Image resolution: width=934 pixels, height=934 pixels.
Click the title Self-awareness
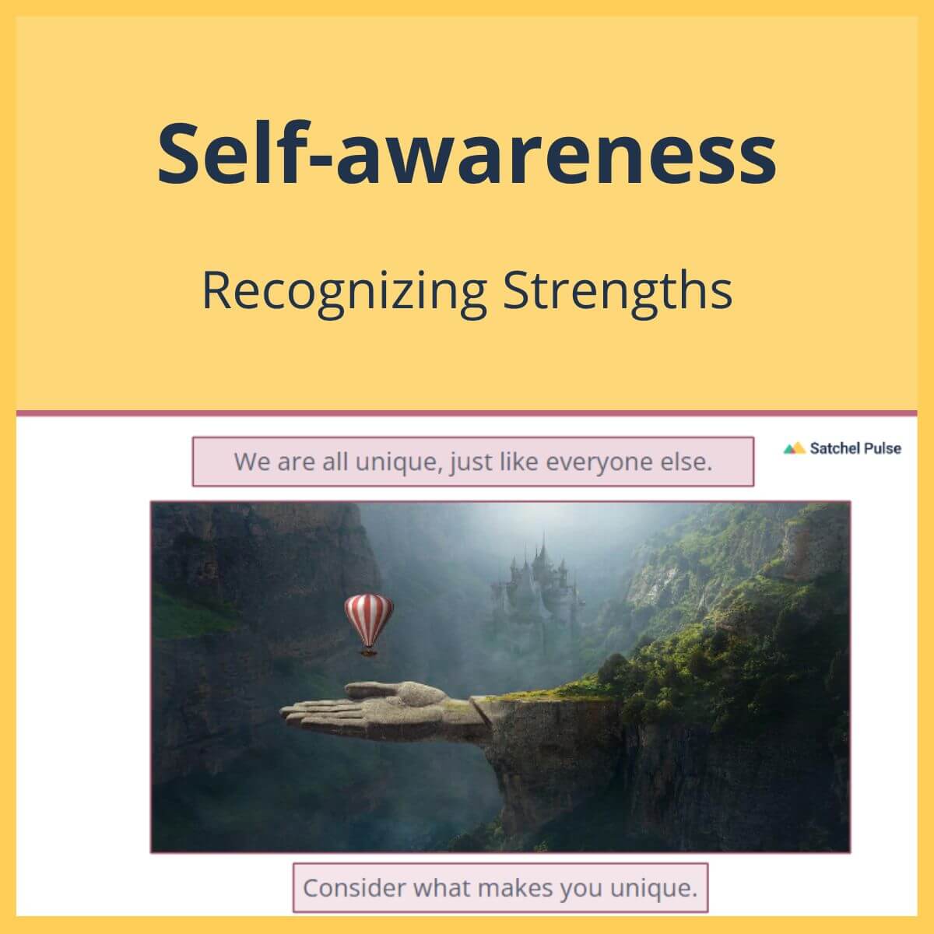point(467,152)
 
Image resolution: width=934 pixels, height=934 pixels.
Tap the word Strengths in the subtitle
point(617,291)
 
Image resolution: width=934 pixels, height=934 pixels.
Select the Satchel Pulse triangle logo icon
point(794,448)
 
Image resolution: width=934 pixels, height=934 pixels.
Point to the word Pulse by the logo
point(882,448)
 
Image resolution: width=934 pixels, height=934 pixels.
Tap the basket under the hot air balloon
point(369,651)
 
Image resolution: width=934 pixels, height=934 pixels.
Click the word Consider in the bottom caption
point(354,888)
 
